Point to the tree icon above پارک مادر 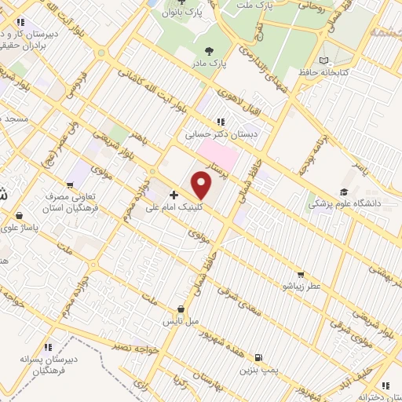tap(208, 49)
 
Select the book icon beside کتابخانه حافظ tap(325, 60)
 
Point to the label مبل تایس tap(181, 322)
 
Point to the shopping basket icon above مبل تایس tap(182, 309)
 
